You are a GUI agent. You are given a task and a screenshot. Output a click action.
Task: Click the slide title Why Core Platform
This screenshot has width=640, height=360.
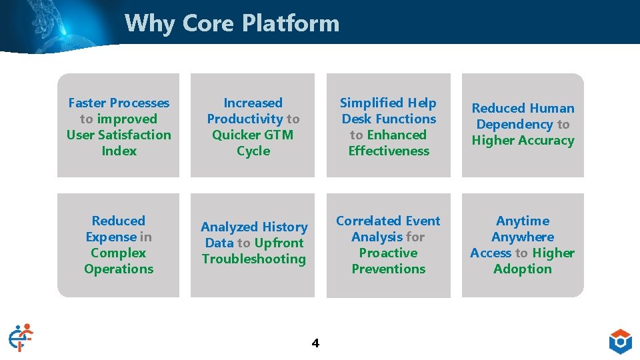pos(231,23)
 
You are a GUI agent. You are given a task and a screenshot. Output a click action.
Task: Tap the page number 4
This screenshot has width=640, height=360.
pos(315,343)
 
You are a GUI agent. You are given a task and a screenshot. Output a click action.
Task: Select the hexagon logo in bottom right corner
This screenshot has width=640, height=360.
pos(620,341)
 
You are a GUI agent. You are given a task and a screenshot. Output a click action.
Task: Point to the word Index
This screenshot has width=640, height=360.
pos(119,151)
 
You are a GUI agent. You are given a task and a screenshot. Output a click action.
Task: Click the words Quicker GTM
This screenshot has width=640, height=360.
pos(253,135)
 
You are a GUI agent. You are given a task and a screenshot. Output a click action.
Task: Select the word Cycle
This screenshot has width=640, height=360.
pos(253,151)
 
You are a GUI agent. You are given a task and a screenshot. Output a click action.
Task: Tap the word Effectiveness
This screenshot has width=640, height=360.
pos(389,151)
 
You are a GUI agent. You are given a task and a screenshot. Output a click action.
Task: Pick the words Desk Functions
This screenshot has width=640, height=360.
pos(389,119)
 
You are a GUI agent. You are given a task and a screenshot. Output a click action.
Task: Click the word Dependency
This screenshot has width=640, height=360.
pos(515,125)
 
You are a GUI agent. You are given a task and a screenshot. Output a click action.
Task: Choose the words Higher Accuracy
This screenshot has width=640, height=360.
pos(523,141)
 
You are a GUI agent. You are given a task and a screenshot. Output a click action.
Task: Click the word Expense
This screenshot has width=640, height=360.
pos(111,237)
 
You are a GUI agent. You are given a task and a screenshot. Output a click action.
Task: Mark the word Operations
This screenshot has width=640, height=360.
pos(119,269)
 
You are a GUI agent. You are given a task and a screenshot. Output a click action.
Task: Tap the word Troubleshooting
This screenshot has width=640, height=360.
pos(254,259)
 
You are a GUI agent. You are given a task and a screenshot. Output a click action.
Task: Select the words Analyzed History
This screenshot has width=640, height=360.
pos(254,227)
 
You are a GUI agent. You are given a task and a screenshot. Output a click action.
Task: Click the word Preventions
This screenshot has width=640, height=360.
pos(389,269)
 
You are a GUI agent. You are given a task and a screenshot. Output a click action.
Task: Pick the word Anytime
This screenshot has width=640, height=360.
pos(523,221)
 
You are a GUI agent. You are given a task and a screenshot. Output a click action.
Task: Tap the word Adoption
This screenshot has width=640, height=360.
pos(523,269)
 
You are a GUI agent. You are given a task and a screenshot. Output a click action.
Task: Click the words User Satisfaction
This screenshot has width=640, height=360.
pos(119,135)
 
